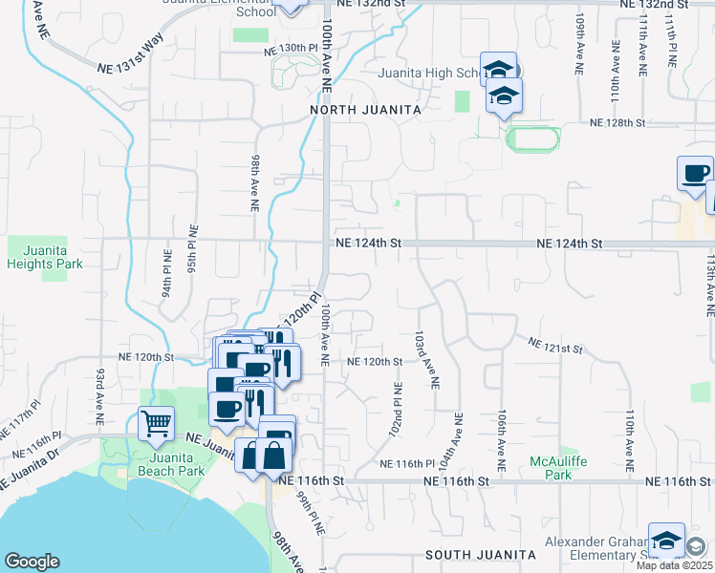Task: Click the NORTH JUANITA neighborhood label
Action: [365, 111]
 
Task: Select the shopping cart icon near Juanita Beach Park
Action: [156, 421]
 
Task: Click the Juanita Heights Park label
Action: [44, 257]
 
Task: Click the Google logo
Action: [32, 562]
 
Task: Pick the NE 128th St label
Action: [618, 123]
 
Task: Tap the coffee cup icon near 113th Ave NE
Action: [695, 173]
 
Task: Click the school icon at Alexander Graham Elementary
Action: [666, 540]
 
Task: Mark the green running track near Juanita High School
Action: [533, 139]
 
